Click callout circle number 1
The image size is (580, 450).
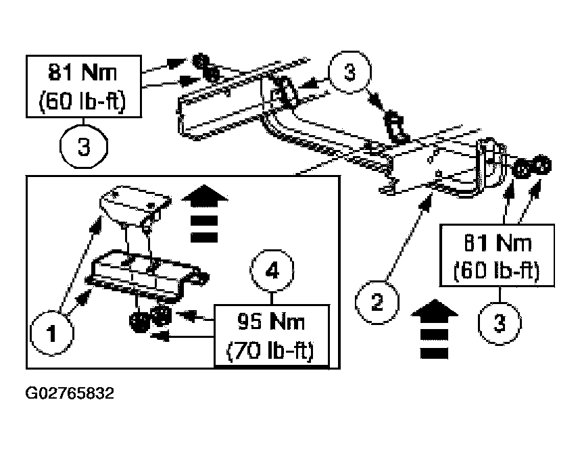52,334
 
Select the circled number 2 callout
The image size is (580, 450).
377,302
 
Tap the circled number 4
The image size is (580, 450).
272,271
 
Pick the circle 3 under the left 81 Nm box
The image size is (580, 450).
84,147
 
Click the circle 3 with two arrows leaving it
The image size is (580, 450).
349,72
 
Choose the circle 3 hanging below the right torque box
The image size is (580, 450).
500,323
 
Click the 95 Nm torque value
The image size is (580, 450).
271,322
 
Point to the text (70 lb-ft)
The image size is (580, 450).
270,351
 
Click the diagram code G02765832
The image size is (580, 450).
70,393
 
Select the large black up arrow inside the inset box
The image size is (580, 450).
204,214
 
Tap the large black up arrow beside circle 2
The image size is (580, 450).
434,329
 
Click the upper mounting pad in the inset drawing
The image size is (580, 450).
135,205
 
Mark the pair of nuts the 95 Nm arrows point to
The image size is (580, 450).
150,318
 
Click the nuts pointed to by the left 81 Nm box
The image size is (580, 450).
206,68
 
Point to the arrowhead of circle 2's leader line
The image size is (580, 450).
427,203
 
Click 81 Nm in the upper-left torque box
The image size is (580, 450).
82,72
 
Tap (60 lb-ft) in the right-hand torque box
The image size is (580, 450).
497,271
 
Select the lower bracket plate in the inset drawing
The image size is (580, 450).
148,273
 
